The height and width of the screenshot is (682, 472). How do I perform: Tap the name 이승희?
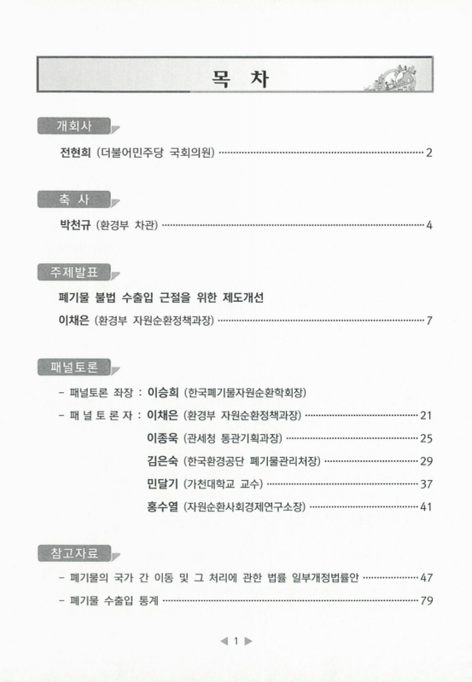point(162,393)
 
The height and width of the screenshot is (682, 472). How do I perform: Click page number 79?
point(428,601)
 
